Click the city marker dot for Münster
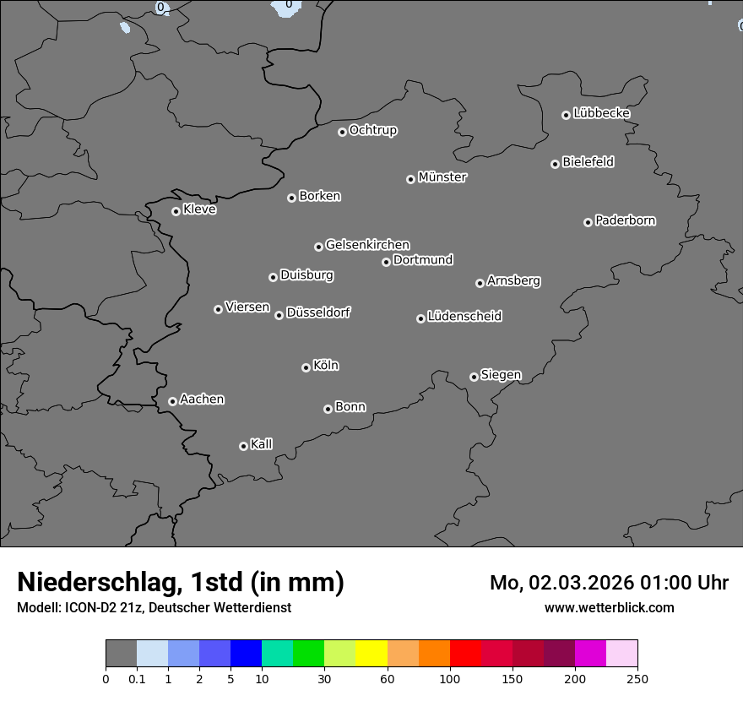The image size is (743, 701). [x=410, y=179]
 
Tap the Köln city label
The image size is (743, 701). [x=326, y=366]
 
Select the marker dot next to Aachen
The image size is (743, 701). [x=172, y=401]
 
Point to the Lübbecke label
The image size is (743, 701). [x=601, y=113]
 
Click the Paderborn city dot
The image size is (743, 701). [x=588, y=222]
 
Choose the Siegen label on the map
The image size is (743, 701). [x=501, y=375]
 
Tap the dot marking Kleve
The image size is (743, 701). [x=176, y=211]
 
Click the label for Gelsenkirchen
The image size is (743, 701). [x=367, y=245]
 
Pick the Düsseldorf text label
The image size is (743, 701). [x=318, y=312]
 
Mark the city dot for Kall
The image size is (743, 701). [x=243, y=446]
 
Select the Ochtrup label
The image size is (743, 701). [x=373, y=130]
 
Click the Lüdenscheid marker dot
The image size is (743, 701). [x=420, y=318]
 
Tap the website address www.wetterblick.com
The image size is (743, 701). [x=609, y=607]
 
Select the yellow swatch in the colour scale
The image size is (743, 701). [x=371, y=654]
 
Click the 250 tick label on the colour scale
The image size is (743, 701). [x=637, y=679]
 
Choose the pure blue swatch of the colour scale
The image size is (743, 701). [x=246, y=654]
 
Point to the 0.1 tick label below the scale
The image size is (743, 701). [x=137, y=679]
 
